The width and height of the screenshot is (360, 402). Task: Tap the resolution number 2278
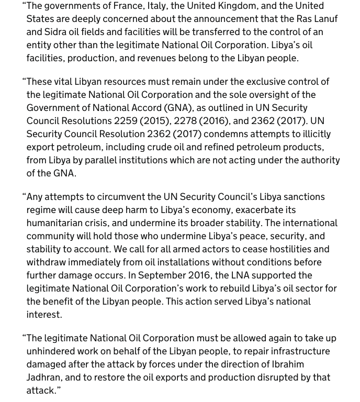click(185, 121)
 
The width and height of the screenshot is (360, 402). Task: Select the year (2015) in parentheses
click(154, 121)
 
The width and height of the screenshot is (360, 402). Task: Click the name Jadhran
click(46, 377)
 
